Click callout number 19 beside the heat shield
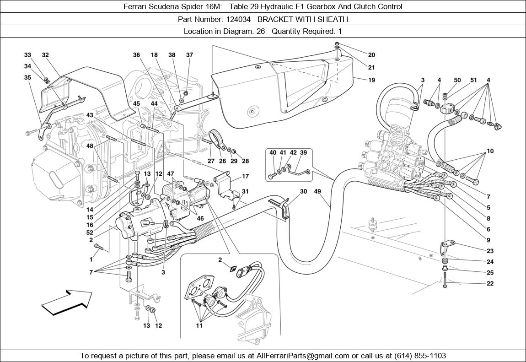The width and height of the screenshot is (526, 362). point(371,80)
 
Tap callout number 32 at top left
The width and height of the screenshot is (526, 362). point(45,55)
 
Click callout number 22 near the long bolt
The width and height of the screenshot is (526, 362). point(490,283)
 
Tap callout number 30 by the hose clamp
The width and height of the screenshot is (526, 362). point(303,192)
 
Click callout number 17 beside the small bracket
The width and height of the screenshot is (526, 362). point(245,176)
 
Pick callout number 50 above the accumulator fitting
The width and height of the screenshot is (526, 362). point(457,80)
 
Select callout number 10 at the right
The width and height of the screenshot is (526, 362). point(490,151)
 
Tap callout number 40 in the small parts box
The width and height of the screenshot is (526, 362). point(273,153)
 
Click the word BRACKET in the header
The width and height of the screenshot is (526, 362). point(273,19)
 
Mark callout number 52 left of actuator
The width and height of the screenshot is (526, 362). point(90,232)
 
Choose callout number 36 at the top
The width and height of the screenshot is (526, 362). point(136,55)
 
